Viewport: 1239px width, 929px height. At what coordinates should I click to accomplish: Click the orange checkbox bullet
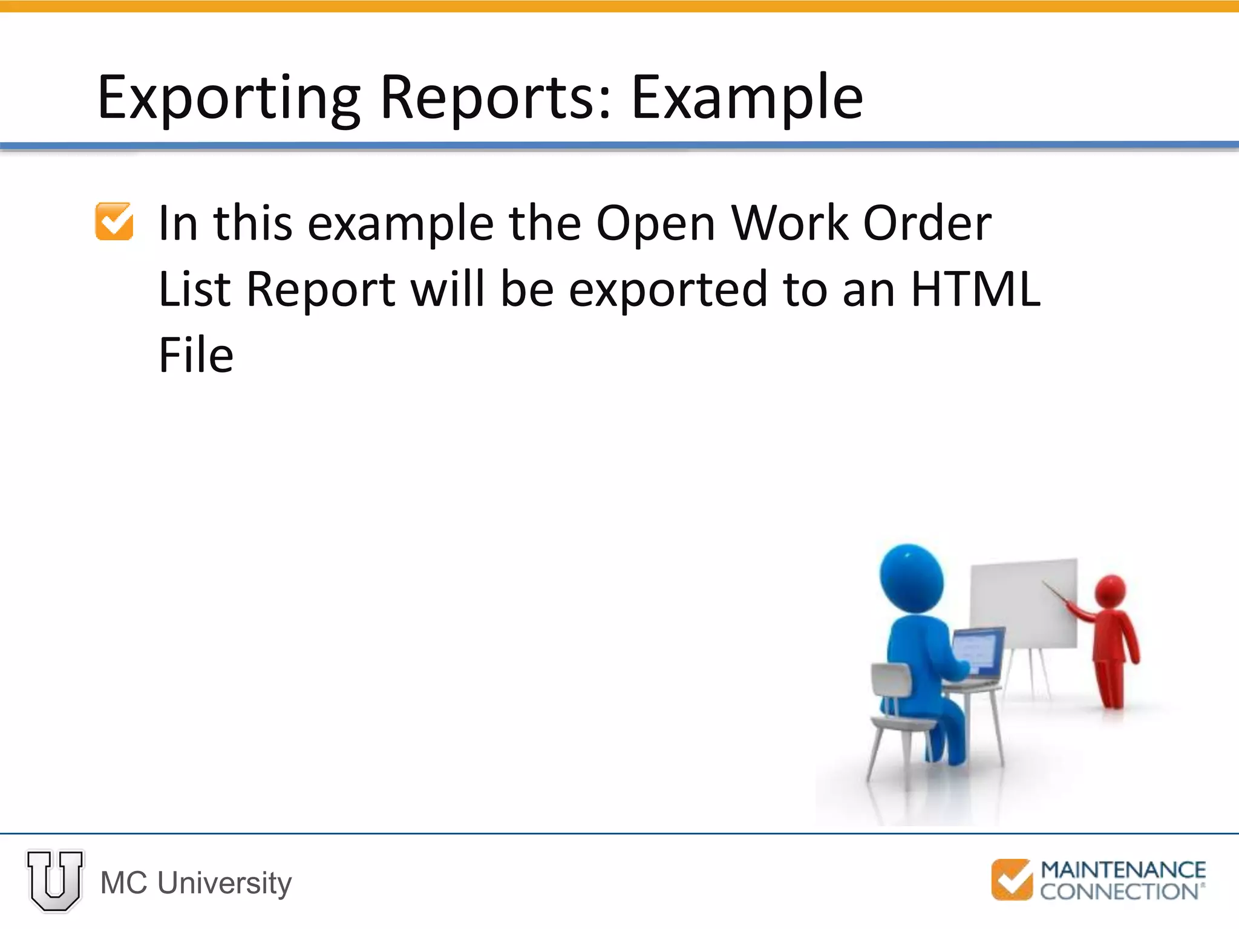pos(114,221)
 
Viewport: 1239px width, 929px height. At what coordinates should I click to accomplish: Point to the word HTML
pos(975,289)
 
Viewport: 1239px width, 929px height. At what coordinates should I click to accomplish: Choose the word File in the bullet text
pos(196,355)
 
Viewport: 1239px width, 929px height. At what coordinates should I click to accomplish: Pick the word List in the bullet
pos(194,289)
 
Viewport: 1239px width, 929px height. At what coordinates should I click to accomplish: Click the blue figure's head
pos(911,578)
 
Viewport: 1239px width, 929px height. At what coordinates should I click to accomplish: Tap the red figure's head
pos(1110,591)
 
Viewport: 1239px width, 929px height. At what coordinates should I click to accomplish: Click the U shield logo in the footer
pos(55,881)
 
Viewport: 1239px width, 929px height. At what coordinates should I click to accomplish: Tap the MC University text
pos(196,883)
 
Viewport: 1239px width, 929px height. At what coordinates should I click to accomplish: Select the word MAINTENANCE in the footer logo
pos(1123,870)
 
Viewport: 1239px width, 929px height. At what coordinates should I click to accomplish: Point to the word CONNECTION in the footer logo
pos(1119,892)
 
